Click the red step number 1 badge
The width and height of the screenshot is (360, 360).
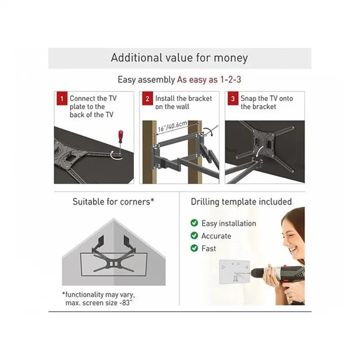pyautogui.click(x=62, y=98)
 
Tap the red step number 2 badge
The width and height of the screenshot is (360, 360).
pyautogui.click(x=147, y=98)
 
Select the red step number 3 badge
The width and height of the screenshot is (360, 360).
pyautogui.click(x=233, y=98)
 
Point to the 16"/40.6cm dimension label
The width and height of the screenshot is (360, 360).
pyautogui.click(x=172, y=126)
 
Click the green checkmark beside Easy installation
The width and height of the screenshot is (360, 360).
pyautogui.click(x=194, y=223)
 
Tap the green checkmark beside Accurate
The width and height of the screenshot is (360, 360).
pyautogui.click(x=194, y=236)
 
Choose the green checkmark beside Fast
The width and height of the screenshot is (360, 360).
pyautogui.click(x=194, y=248)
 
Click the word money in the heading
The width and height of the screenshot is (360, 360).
pyautogui.click(x=231, y=58)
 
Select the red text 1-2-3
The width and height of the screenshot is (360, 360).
pyautogui.click(x=231, y=80)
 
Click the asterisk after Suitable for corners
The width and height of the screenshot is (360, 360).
pyautogui.click(x=152, y=200)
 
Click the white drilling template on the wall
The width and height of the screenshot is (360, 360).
pyautogui.click(x=234, y=272)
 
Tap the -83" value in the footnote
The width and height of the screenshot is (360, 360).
pyautogui.click(x=126, y=303)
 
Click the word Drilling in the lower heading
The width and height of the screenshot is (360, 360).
pyautogui.click(x=205, y=202)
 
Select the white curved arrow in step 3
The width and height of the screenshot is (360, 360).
pyautogui.click(x=260, y=152)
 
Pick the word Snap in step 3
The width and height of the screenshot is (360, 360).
pyautogui.click(x=248, y=99)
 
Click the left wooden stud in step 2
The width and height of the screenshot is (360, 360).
pyautogui.click(x=149, y=152)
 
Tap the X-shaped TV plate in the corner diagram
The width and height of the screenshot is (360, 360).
pyautogui.click(x=113, y=263)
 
